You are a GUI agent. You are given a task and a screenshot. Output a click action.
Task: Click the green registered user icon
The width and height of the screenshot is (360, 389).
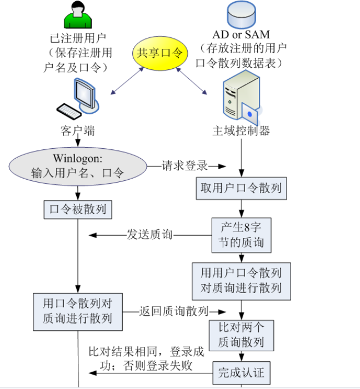pyautogui.click(x=78, y=16)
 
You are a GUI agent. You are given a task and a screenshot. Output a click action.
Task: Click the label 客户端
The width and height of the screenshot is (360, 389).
pyautogui.click(x=77, y=131)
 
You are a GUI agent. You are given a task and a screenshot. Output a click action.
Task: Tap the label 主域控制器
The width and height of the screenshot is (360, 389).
pyautogui.click(x=241, y=131)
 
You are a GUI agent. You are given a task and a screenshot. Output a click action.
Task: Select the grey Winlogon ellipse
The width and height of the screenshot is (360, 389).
pyautogui.click(x=77, y=166)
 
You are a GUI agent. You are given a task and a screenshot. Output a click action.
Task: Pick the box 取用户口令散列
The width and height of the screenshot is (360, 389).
pyautogui.click(x=241, y=189)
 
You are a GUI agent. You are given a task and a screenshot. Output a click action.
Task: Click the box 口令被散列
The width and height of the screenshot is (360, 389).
pyautogui.click(x=78, y=210)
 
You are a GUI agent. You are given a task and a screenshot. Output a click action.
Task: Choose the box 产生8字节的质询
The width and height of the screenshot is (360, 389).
pyautogui.click(x=241, y=235)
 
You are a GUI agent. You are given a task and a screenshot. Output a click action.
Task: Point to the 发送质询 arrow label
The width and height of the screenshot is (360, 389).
pyautogui.click(x=149, y=235)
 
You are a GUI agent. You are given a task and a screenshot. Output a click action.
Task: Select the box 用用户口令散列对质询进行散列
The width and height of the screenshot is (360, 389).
pyautogui.click(x=241, y=280)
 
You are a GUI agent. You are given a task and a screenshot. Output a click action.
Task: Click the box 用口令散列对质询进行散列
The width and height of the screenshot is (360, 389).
pyautogui.click(x=78, y=311)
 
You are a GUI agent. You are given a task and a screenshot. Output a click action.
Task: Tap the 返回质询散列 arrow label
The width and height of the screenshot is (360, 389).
pyautogui.click(x=173, y=311)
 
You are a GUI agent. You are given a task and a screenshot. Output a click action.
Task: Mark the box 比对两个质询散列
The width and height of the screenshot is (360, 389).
pyautogui.click(x=241, y=335)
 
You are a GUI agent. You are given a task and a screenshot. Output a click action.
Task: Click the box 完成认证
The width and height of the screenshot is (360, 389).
pyautogui.click(x=241, y=373)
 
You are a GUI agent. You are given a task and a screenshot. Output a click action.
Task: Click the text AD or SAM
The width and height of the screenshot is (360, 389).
pyautogui.click(x=240, y=35)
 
